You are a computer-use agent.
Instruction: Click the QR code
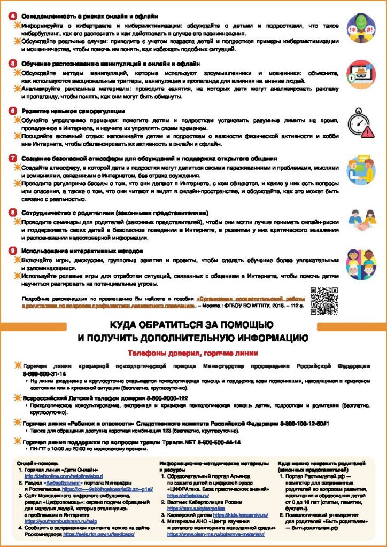[x=324, y=301]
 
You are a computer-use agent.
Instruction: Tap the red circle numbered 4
[x=13, y=16]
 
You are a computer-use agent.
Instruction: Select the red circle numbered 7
[x=13, y=159]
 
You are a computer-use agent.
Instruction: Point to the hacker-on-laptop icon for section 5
[x=361, y=74]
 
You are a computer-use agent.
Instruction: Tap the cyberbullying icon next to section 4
[x=361, y=28]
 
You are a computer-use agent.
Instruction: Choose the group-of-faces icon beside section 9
[x=361, y=263]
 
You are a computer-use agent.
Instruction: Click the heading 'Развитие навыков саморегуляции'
[x=73, y=111]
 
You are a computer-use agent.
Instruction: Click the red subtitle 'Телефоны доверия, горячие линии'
[x=192, y=353]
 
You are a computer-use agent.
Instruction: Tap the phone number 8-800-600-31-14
[x=44, y=374]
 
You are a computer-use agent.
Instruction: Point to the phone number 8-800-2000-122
[x=159, y=398]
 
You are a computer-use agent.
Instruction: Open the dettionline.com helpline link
[x=64, y=476]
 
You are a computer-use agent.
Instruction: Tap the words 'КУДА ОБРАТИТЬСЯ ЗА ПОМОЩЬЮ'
[x=192, y=325]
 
